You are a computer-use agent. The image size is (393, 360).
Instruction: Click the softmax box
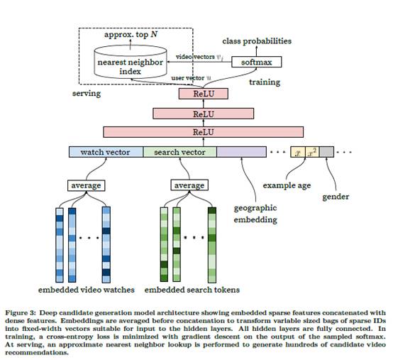tap(256, 62)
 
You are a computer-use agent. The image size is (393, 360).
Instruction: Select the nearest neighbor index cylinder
tap(131, 62)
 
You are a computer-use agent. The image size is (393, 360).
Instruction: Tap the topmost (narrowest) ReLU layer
tap(204, 94)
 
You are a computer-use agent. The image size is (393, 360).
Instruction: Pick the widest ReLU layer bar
tap(204, 132)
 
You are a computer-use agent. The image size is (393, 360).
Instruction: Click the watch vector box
tap(106, 152)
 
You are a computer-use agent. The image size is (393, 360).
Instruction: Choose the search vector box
tap(179, 152)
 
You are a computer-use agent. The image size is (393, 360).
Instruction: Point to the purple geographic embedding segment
tap(241, 152)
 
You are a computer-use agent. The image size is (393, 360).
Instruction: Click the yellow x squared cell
tap(312, 152)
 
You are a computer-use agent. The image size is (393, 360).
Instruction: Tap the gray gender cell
tap(326, 152)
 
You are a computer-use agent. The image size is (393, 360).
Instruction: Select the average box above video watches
tap(86, 185)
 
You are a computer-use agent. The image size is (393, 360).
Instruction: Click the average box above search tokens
tap(189, 185)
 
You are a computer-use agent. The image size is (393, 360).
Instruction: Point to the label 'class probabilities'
tap(257, 41)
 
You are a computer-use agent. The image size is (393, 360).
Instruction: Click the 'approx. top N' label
tap(131, 34)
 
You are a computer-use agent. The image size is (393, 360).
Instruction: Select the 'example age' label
tap(287, 185)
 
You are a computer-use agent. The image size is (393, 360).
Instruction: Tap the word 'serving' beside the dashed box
tap(87, 93)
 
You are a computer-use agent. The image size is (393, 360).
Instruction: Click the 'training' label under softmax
tap(265, 82)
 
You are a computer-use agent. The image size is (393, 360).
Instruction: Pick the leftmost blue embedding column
tap(60, 244)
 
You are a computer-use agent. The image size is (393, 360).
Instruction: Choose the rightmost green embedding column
tap(212, 244)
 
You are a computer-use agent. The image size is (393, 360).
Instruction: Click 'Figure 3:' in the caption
tap(21, 312)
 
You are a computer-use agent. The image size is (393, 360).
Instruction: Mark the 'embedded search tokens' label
tap(192, 290)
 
